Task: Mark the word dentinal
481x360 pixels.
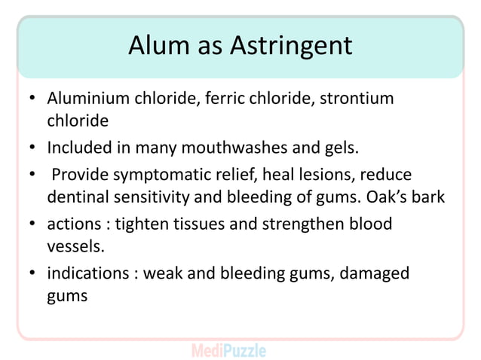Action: point(77,197)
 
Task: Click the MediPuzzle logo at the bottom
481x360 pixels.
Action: point(228,350)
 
